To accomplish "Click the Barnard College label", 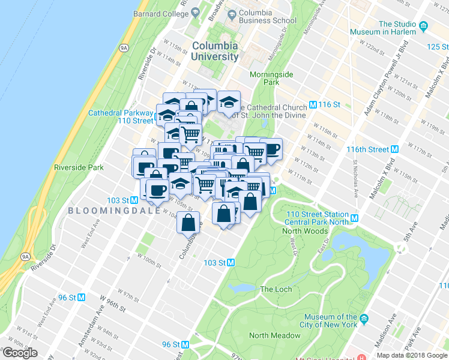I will [161, 13].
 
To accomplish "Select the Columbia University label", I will [214, 51].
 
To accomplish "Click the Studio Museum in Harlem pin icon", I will [424, 25].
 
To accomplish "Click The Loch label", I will [276, 289].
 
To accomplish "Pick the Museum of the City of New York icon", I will [363, 323].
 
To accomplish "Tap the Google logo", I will [20, 353].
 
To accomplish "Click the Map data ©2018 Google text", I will [411, 355].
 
